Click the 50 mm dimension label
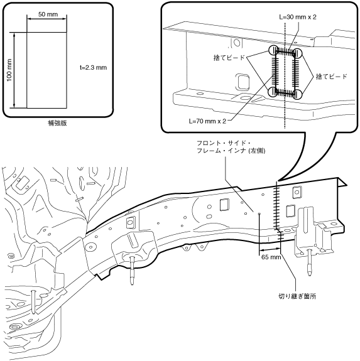click(48, 14)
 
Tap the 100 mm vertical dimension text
click(9, 70)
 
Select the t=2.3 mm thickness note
click(94, 67)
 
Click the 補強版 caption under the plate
click(57, 123)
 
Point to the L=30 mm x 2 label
click(298, 17)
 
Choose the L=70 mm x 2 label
click(207, 121)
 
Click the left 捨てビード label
click(229, 58)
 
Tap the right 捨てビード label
click(332, 77)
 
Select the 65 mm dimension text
click(271, 257)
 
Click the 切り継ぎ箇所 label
click(297, 296)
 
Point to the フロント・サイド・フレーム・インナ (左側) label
click(231, 147)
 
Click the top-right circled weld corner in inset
click(297, 53)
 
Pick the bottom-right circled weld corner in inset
click(297, 94)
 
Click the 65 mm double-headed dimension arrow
click(270, 249)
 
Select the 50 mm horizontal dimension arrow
click(46, 19)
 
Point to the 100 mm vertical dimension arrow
click(14, 70)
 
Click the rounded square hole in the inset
click(242, 82)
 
